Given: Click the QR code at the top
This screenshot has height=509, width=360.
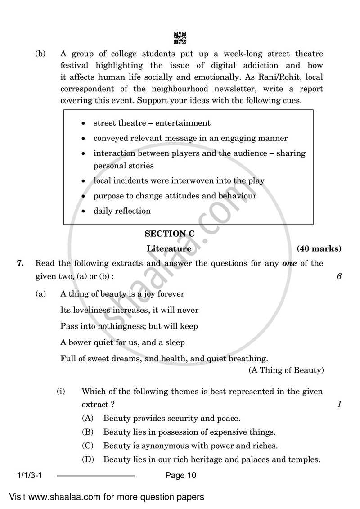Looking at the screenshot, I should pos(180,37).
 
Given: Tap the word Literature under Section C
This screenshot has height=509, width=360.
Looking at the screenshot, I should pos(169,248).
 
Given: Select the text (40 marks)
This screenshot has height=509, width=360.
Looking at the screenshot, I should pos(319,248).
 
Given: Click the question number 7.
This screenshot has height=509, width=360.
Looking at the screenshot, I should pos(20,263).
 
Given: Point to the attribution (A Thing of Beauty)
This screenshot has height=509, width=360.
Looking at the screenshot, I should pos(286,370).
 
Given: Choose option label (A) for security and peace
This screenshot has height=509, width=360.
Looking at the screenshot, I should pos(87,418).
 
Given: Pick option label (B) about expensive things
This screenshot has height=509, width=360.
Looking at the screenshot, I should pos(87,432).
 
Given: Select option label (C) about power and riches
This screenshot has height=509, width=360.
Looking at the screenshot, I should pos(87,446).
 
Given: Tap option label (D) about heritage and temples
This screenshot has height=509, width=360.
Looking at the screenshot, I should pos(87,460).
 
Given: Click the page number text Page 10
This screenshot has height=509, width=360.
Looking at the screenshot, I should pos(181,475).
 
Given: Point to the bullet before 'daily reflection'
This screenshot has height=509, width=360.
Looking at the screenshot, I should pos(83,211).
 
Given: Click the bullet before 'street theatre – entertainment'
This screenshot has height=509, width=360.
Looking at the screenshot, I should pos(83,123).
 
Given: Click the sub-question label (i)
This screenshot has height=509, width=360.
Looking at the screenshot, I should pos(61,392).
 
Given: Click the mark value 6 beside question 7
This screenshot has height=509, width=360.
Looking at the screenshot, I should pos(339,276).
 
